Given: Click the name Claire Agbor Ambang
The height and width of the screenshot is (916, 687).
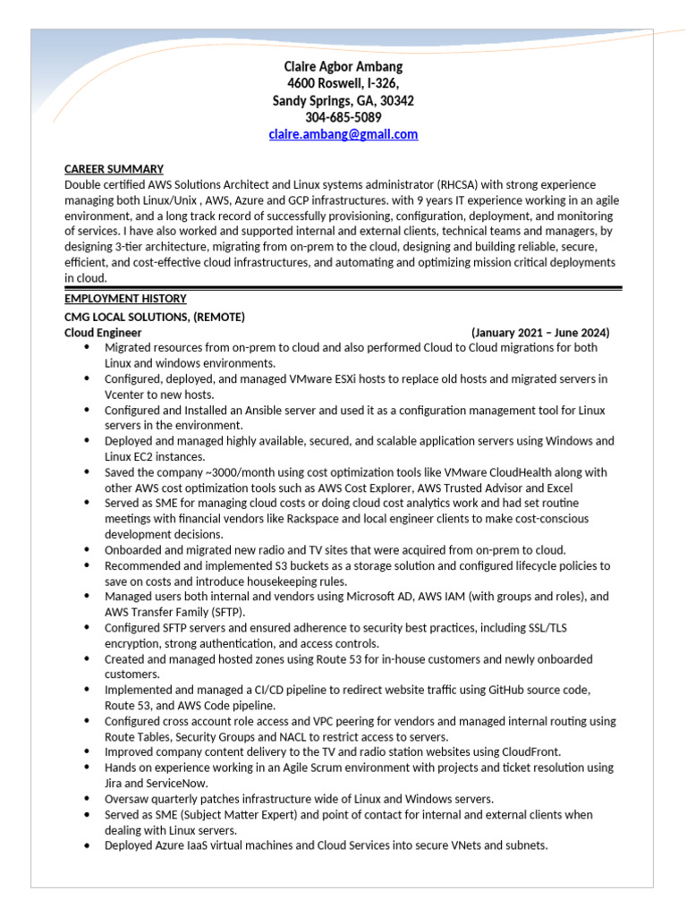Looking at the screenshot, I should pos(343,67).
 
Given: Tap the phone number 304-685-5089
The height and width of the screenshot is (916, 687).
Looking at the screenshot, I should pos(343,118).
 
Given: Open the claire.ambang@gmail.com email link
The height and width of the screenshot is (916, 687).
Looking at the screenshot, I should pos(343,135).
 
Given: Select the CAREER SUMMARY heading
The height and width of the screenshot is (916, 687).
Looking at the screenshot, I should pos(114,169).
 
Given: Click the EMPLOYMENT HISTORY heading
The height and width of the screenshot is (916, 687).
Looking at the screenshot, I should pos(125,299).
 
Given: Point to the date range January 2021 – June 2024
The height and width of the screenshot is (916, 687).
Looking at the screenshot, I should pos(540,332).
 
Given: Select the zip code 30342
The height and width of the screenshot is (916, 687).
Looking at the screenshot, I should pos(396,101).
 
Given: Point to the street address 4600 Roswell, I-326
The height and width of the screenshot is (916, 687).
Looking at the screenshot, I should pos(343,84).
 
